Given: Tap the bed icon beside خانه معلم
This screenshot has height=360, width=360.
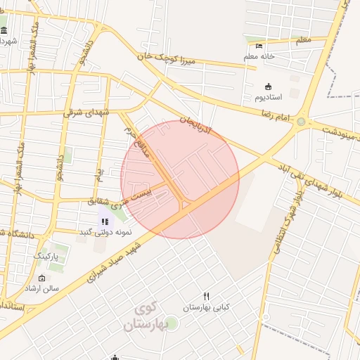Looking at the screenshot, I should (x=259, y=46).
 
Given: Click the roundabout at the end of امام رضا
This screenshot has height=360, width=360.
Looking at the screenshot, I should (x=302, y=122).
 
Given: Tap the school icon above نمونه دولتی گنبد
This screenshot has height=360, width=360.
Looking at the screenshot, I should (x=105, y=221).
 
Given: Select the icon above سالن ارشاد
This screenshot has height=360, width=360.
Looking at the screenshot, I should (x=41, y=278).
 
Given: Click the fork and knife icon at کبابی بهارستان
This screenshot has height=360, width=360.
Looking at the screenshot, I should (x=206, y=296).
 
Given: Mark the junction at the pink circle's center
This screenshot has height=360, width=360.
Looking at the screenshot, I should (x=181, y=180).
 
